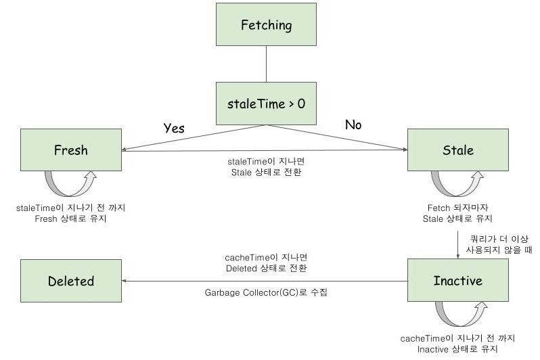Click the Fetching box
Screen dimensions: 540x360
point(266,24)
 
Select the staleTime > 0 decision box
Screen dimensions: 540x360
point(266,104)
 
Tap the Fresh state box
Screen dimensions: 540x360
point(71,150)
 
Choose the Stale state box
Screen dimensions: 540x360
point(458,150)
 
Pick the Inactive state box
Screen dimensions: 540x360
point(458,280)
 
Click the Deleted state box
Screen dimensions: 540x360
point(71,281)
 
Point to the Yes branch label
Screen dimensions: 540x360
point(174,128)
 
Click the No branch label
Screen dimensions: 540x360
point(353,125)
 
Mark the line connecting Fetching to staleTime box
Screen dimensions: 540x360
point(266,64)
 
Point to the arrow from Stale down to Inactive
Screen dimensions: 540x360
point(457,244)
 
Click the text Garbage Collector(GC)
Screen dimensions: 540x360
point(251,292)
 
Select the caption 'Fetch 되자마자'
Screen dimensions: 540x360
point(457,208)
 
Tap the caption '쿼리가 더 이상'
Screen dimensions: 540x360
point(499,239)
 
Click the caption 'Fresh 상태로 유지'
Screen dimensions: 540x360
point(70,219)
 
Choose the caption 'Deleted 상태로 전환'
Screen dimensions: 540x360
point(266,269)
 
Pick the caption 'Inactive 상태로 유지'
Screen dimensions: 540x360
point(457,349)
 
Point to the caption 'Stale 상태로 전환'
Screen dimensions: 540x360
point(266,173)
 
